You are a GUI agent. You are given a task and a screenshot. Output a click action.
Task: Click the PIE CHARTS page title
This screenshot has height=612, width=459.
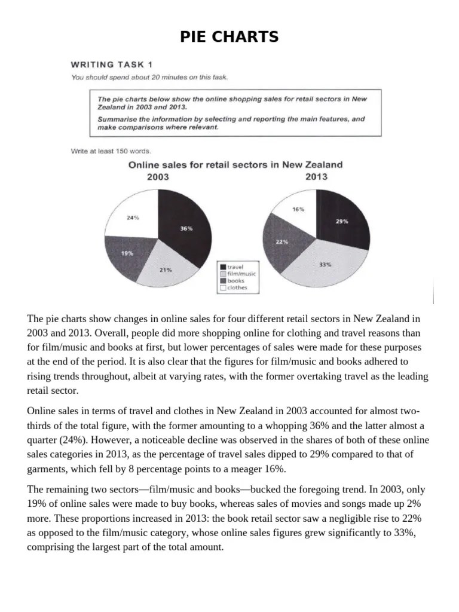click(229, 37)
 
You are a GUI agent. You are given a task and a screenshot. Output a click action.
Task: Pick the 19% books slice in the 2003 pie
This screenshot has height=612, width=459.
click(127, 253)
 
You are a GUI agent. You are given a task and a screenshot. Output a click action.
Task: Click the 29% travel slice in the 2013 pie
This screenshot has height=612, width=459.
click(342, 221)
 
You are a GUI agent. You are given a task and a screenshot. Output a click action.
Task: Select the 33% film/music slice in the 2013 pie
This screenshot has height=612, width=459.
click(326, 264)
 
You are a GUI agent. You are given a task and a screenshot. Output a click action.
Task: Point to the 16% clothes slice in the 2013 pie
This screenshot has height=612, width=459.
click(297, 209)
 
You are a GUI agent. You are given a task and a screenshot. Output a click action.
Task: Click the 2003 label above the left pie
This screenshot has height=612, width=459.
click(158, 177)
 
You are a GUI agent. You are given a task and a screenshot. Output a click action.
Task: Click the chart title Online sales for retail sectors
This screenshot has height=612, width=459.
click(235, 164)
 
